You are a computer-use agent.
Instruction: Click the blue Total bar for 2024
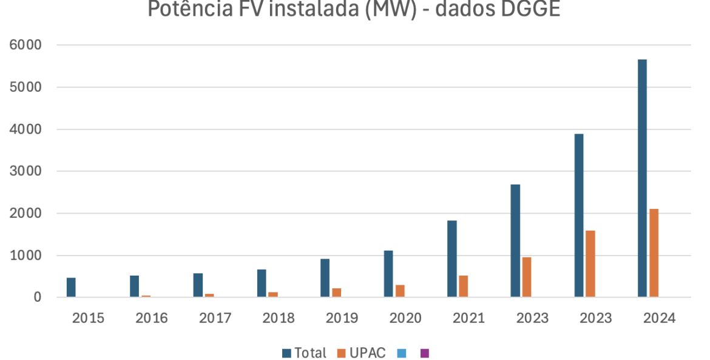click(x=642, y=178)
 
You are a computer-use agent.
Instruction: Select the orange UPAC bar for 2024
click(x=654, y=253)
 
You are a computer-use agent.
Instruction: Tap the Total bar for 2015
click(x=71, y=288)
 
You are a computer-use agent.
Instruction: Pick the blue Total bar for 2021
click(x=452, y=259)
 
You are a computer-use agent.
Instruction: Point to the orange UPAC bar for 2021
click(x=464, y=287)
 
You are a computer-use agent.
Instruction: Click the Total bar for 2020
click(x=388, y=274)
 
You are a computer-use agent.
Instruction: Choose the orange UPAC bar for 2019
click(x=337, y=293)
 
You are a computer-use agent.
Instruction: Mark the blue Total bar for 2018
click(x=262, y=284)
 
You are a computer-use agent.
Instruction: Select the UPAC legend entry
click(x=361, y=353)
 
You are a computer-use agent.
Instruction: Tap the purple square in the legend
click(x=425, y=353)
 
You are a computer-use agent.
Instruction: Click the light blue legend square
click(x=401, y=353)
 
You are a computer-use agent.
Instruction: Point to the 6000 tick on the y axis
click(x=25, y=45)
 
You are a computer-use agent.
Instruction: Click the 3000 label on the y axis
click(x=25, y=171)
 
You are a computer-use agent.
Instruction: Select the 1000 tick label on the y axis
click(x=25, y=256)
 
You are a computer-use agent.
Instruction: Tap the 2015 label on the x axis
click(x=88, y=318)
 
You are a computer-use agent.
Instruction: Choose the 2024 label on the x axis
click(x=659, y=318)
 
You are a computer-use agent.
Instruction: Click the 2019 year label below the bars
click(x=342, y=318)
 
